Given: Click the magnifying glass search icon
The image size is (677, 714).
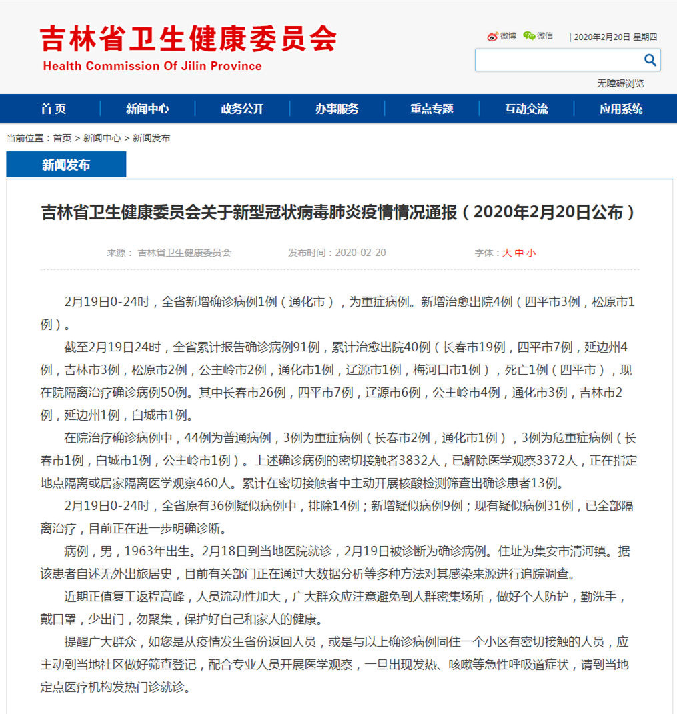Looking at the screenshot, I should pos(650,60).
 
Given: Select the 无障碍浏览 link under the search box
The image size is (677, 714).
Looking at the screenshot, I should pos(620,83).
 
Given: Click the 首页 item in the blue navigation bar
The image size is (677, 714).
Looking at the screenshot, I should pos(53,109).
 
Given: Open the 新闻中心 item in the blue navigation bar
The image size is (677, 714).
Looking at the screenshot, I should pos(147,109).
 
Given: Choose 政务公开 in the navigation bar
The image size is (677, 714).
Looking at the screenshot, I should pos(242,109).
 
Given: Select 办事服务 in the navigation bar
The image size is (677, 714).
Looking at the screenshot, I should pos(337,109).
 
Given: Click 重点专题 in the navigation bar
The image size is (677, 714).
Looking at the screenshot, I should pos(432,109).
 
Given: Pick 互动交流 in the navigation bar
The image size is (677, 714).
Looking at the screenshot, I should pos(526,109).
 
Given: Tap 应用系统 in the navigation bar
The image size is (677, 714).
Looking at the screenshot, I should pos(621,109).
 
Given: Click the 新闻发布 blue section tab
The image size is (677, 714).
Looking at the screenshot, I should pos(66,165).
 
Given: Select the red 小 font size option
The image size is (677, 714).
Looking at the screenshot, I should pos(531,253).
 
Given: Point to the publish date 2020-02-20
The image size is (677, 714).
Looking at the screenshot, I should pos(360,253).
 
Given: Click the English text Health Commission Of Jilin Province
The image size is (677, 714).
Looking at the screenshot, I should pos(153,66).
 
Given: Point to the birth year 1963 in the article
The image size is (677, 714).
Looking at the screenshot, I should pos(147,551).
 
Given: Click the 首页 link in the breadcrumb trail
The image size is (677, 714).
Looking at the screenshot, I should pos(62,138).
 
